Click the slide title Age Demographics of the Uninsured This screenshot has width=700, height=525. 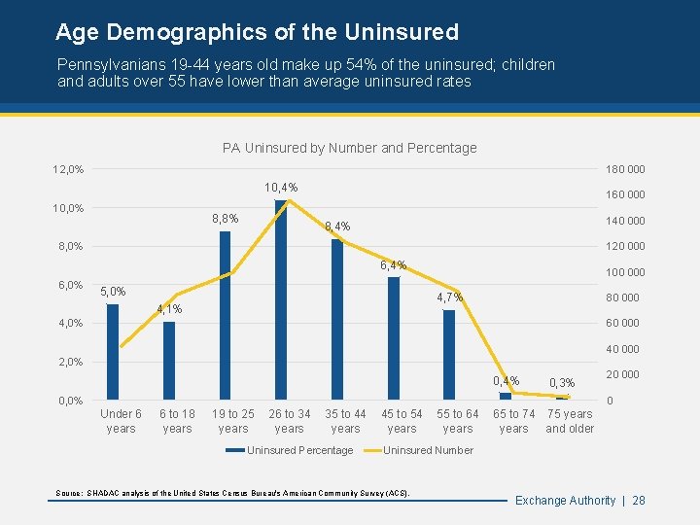257,32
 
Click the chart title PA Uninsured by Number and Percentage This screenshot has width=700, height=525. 349,148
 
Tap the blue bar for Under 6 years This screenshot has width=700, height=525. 113,352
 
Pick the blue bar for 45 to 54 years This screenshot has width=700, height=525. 394,338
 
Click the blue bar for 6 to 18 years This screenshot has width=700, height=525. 169,361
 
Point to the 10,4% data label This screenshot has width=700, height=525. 281,187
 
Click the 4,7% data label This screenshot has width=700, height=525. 448,297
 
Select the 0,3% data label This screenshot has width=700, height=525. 562,383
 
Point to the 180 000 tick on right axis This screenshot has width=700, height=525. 625,169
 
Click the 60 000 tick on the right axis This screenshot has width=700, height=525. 622,324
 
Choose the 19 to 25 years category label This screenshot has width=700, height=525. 233,421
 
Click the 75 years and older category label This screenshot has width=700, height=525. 570,421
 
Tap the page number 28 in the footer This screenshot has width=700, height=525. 639,500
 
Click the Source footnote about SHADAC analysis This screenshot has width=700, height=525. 233,494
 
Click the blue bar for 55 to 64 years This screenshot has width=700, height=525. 449,355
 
